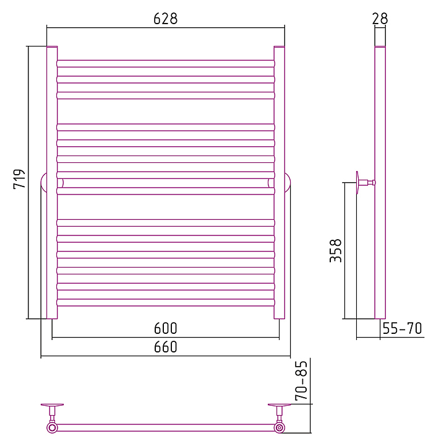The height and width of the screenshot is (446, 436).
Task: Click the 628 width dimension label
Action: tap(165, 19)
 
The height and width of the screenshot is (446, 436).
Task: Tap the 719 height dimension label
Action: tap(20, 178)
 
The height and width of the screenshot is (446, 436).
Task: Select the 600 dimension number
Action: tap(165, 328)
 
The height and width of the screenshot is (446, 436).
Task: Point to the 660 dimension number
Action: tap(165, 347)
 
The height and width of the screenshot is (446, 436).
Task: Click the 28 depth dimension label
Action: tap(380, 19)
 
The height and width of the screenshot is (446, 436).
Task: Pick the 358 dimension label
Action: tap(335, 251)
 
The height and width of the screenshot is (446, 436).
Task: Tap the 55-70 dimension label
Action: tap(402, 328)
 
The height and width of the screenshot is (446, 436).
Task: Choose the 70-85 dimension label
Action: tap(301, 380)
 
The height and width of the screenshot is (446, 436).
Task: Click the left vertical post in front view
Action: tap(52, 182)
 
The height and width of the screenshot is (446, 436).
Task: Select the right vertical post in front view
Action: tap(279, 182)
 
